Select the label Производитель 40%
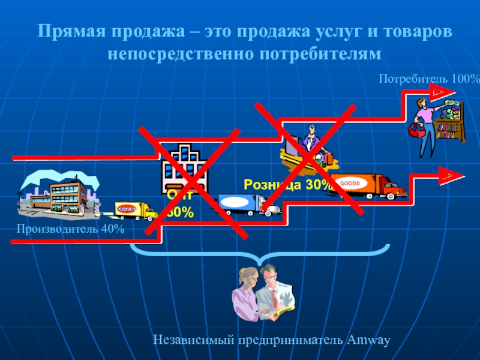click(70, 229)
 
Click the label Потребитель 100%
click(429, 79)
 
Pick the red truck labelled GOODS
click(372, 185)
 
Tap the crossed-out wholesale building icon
click(183, 168)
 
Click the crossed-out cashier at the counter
click(308, 147)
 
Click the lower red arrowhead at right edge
click(453, 176)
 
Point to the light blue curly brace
click(261, 255)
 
